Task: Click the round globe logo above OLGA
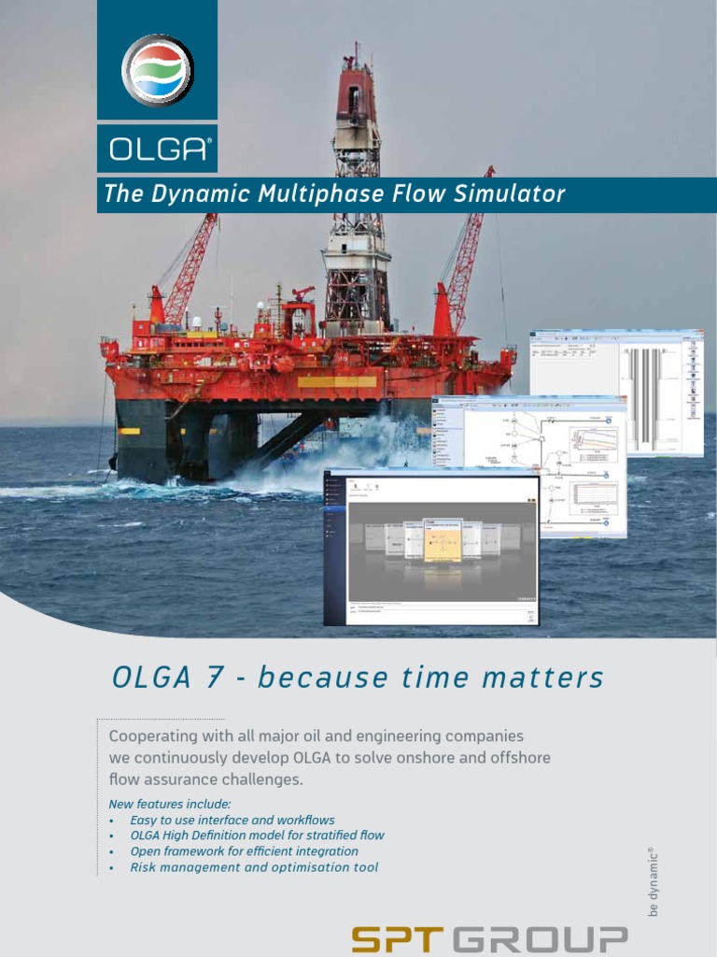(x=157, y=69)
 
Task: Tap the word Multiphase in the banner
(x=299, y=194)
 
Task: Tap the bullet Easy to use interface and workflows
(x=232, y=820)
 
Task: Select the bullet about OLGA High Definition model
(x=257, y=836)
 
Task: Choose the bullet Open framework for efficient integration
(x=244, y=851)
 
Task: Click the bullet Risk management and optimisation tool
(x=254, y=867)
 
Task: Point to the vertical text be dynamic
(x=654, y=882)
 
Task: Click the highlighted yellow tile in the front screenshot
(x=442, y=540)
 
